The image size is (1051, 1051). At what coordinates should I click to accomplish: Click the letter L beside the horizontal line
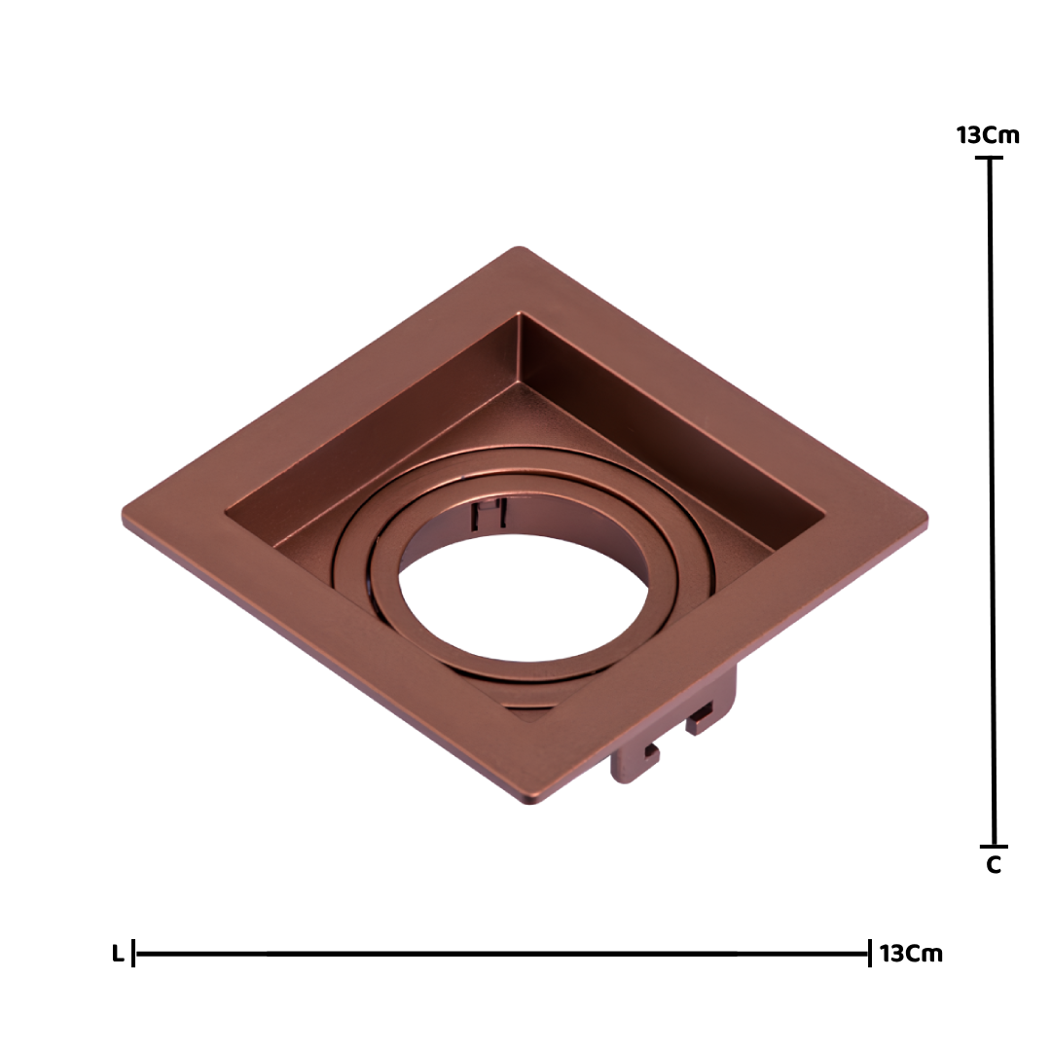coord(118,954)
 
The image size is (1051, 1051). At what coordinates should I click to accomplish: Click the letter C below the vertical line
coord(994,865)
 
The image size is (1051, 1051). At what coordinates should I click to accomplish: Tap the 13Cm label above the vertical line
coord(988,135)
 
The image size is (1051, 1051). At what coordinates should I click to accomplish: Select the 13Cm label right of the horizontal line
coord(911,954)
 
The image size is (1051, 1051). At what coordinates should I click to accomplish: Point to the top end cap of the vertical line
coord(990,159)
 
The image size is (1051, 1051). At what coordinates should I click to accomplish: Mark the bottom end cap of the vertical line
coord(994,846)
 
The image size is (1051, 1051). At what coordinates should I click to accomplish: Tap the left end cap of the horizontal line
coord(134,954)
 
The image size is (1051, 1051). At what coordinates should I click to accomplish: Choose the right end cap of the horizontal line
coord(869,954)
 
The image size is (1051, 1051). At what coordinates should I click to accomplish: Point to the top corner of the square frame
coord(518,250)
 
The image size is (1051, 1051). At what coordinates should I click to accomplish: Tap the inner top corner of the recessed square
coord(519,316)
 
